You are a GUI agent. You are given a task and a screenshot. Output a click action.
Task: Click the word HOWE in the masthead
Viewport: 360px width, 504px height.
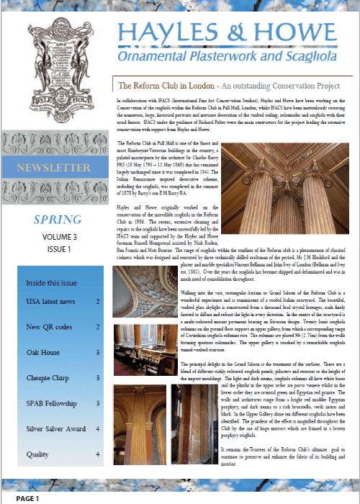tap(302, 29)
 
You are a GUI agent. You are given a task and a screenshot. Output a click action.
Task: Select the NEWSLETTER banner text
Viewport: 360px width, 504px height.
tap(55, 167)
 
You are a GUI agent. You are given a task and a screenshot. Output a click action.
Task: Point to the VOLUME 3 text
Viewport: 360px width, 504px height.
tap(55, 234)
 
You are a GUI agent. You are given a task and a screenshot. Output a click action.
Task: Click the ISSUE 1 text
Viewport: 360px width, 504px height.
tap(55, 248)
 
